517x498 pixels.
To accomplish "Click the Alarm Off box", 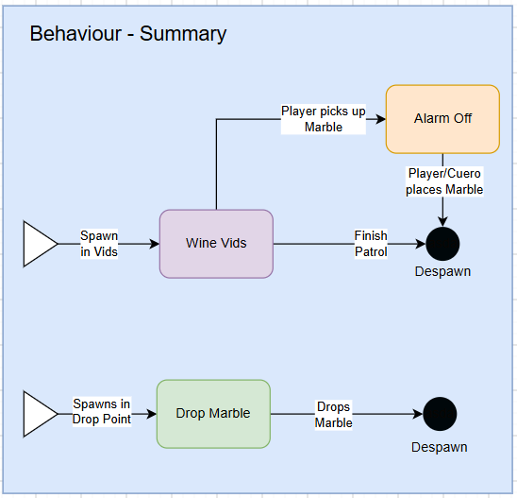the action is point(442,119).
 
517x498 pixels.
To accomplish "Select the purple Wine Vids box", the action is point(216,244).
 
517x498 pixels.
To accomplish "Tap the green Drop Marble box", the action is point(213,414).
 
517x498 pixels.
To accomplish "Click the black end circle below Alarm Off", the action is point(442,244).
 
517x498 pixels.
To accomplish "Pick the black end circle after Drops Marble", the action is point(440,414).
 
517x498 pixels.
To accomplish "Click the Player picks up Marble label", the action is point(323,119).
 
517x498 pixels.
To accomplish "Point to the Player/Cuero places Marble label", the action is point(444,181).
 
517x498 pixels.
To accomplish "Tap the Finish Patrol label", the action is point(371,244).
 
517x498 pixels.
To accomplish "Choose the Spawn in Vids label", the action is point(99,244).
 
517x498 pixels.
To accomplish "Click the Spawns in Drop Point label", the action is point(102,411).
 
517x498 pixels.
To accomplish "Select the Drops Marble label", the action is point(333,415).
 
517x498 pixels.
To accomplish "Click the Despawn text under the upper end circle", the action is point(442,271).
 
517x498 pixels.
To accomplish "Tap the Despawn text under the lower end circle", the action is point(440,447).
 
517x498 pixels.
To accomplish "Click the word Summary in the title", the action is point(183,34).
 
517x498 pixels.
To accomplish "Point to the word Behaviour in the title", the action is point(75,34).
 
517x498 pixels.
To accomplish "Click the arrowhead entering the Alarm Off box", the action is point(381,119).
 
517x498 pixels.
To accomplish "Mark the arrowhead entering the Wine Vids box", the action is point(155,244).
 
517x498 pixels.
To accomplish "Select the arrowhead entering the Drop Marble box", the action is point(152,414).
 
